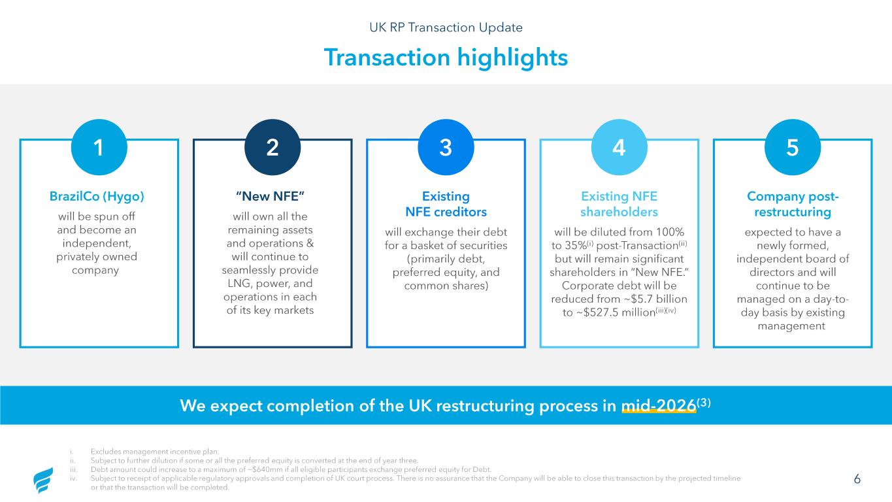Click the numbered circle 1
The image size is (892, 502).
coord(99,147)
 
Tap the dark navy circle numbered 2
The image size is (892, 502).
coord(273,147)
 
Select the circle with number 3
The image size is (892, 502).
coord(446,147)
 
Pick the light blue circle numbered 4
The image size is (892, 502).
coord(619,147)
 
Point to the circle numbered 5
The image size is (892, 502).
coord(793,147)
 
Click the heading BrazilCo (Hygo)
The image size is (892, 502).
coord(97,196)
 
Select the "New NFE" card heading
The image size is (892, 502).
coord(270,196)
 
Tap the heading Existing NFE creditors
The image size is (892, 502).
coord(446,204)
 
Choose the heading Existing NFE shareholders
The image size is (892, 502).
coord(619,204)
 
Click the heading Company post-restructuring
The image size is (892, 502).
coord(793,204)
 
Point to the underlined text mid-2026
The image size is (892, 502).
coord(659,405)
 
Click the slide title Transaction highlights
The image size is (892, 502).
coord(446,57)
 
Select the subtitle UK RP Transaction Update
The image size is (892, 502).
coord(446,27)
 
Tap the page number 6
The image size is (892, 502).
coord(857,478)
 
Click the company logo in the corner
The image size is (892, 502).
coord(43,480)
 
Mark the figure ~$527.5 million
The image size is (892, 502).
coord(614,312)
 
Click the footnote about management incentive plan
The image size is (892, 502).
coord(155,452)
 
